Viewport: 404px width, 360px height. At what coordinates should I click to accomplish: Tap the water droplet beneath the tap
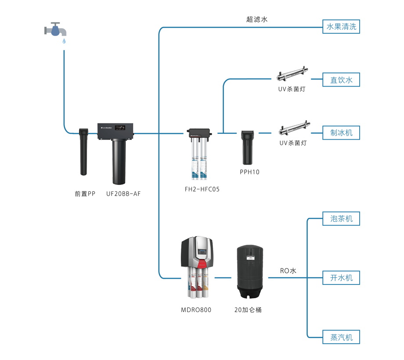63,41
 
